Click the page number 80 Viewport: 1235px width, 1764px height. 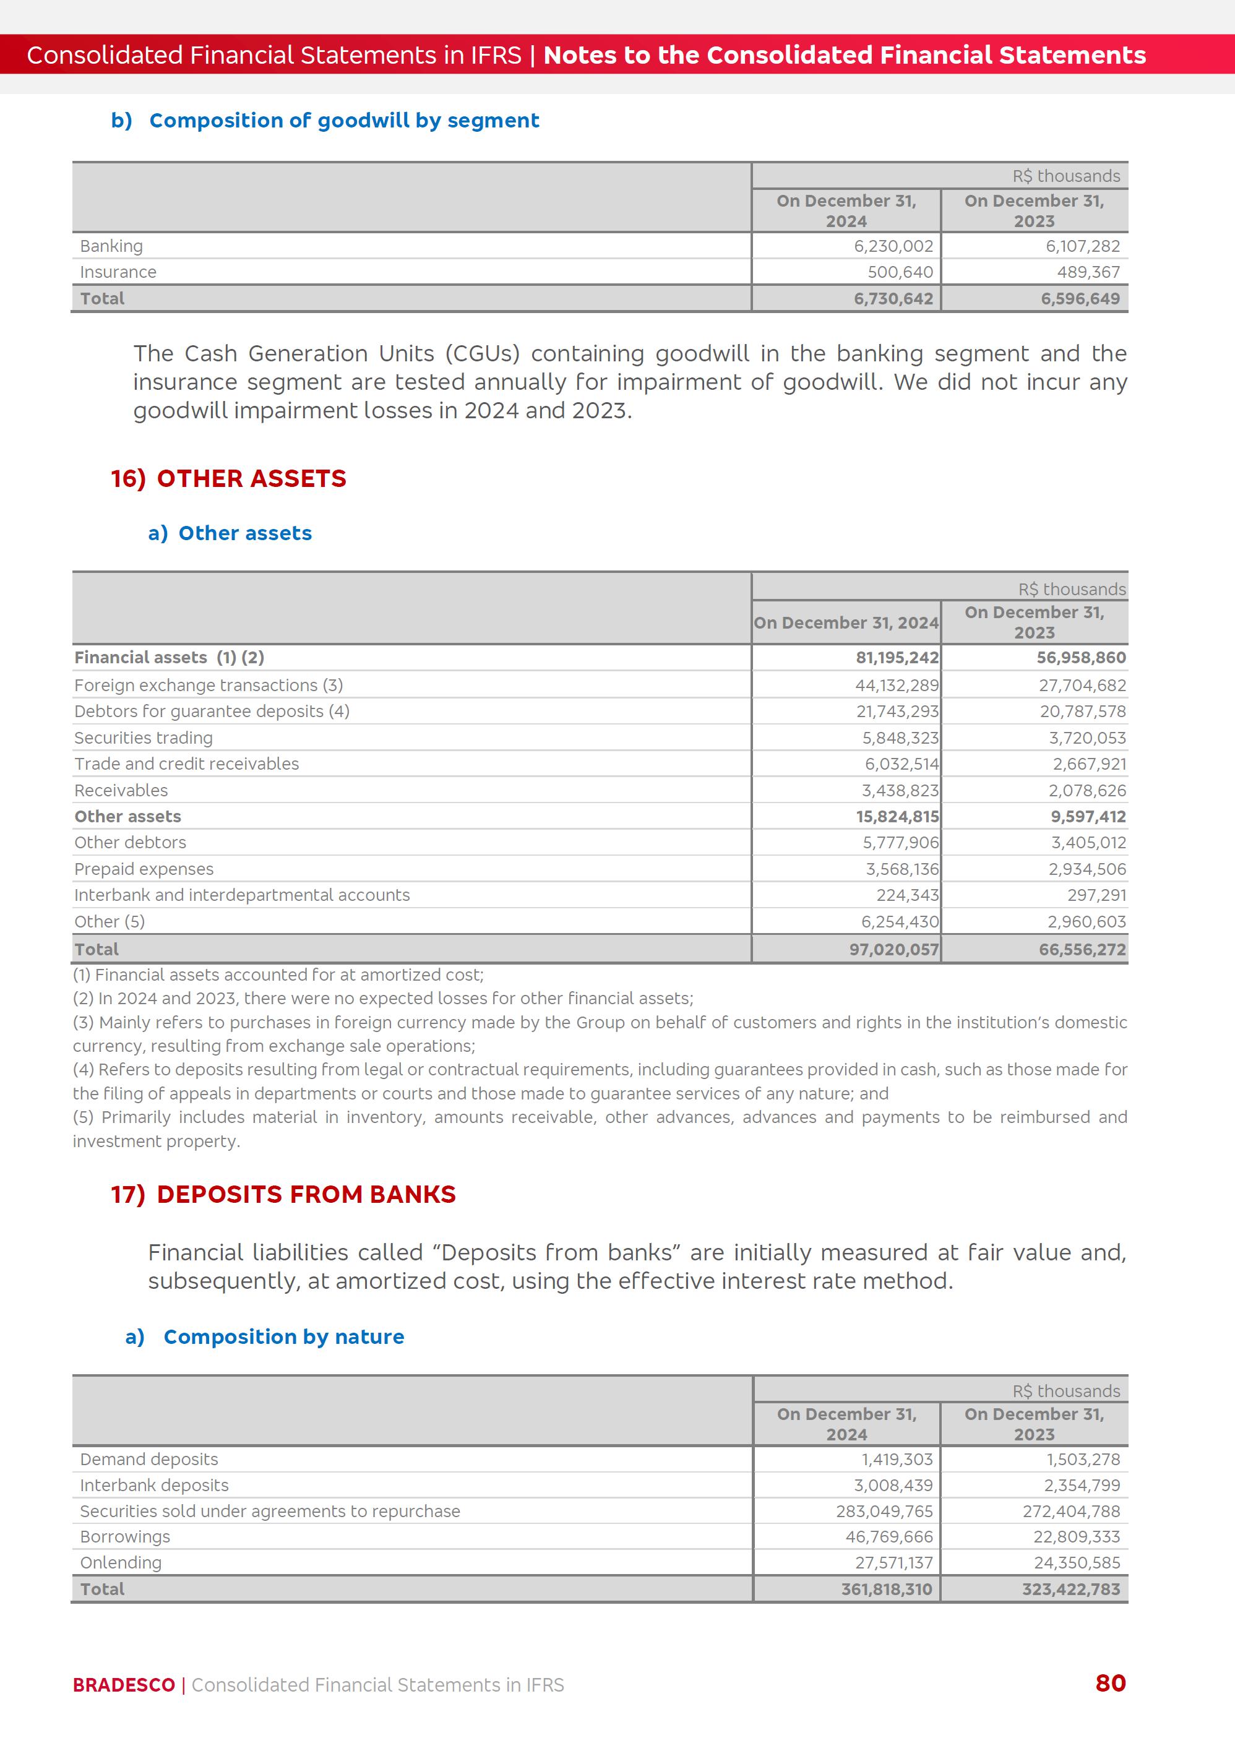[1110, 1684]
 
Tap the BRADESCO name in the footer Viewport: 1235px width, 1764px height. [124, 1685]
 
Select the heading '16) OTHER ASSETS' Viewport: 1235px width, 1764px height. [228, 479]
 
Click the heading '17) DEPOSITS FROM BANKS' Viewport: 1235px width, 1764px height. [283, 1195]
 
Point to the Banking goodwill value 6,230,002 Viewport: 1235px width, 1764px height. [893, 246]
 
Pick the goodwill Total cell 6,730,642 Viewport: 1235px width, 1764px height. [893, 299]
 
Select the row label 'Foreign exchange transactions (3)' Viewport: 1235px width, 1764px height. [209, 686]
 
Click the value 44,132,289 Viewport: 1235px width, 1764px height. [897, 686]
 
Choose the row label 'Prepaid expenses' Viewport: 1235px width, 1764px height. [144, 869]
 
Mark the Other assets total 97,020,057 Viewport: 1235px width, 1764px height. [894, 950]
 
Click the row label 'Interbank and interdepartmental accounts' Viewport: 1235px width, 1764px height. [242, 895]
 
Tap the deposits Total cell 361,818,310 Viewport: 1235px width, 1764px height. [886, 1590]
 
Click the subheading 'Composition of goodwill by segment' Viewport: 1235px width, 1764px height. [343, 121]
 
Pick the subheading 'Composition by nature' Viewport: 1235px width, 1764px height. [283, 1337]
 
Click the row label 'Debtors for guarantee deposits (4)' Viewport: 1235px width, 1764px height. [212, 712]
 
